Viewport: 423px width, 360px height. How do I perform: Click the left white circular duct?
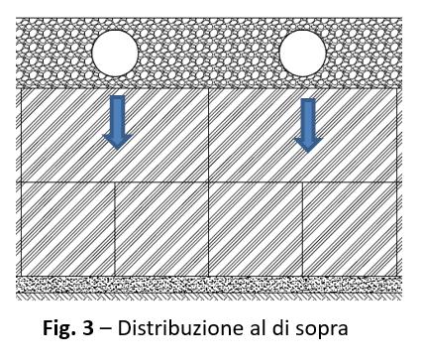114,53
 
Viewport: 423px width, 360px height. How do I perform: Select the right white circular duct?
302,53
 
